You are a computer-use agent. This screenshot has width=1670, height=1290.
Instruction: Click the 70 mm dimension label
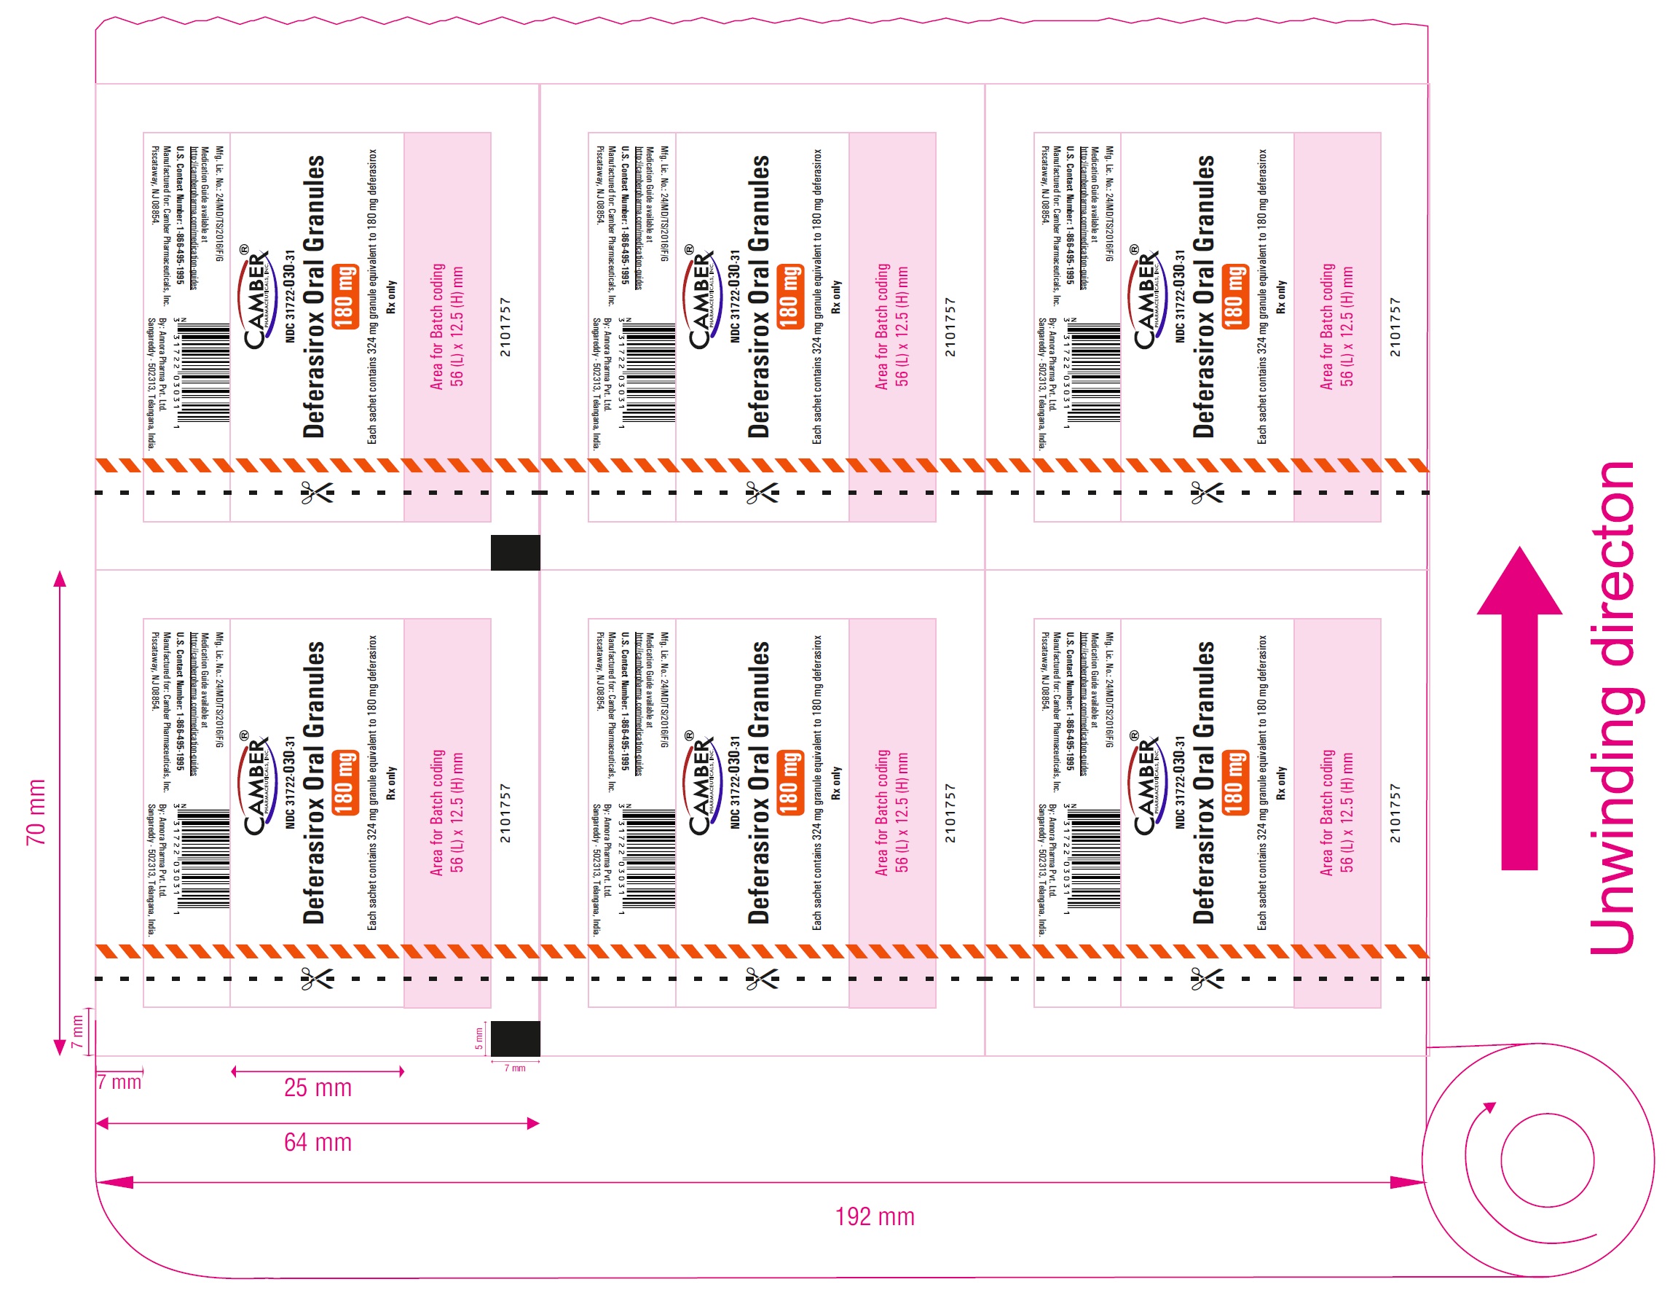36,812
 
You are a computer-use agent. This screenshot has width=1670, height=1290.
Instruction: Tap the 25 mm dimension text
318,1087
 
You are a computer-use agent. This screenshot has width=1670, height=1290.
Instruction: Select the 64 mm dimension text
318,1141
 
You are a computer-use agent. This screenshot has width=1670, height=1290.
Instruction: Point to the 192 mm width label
874,1216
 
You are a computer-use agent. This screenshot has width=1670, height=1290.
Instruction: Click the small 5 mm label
479,1038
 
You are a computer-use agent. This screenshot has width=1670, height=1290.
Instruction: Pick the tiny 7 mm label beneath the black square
515,1068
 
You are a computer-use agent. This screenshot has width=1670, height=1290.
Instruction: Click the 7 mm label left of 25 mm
119,1082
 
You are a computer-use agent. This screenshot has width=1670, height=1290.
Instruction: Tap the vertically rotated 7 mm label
76,1031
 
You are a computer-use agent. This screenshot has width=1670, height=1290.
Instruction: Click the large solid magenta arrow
1519,711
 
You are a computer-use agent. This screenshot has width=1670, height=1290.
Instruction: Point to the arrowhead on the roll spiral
1488,1106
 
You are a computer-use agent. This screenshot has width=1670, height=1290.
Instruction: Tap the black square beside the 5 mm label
516,1039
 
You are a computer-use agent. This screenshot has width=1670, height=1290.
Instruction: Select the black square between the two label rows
516,552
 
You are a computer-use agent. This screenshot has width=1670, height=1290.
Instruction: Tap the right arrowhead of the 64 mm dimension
533,1123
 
